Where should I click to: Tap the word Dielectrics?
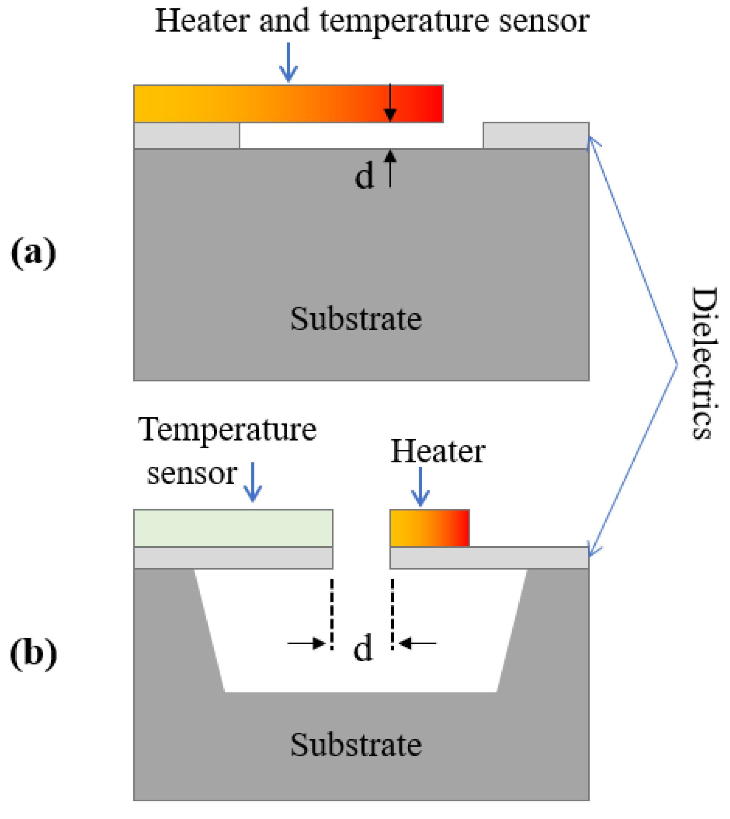(x=704, y=363)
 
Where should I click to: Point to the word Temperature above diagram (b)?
(x=227, y=430)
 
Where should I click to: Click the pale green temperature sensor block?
(x=233, y=528)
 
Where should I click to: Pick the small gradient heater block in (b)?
(x=430, y=528)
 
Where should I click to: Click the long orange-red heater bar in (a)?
(x=288, y=103)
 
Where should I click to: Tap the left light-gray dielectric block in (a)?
(x=187, y=136)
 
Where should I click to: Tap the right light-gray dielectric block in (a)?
(x=536, y=136)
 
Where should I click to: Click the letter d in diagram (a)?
(x=364, y=176)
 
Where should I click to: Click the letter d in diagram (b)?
(x=363, y=649)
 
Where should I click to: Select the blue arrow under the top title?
(x=288, y=62)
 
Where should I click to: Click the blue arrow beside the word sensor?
(x=253, y=482)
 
